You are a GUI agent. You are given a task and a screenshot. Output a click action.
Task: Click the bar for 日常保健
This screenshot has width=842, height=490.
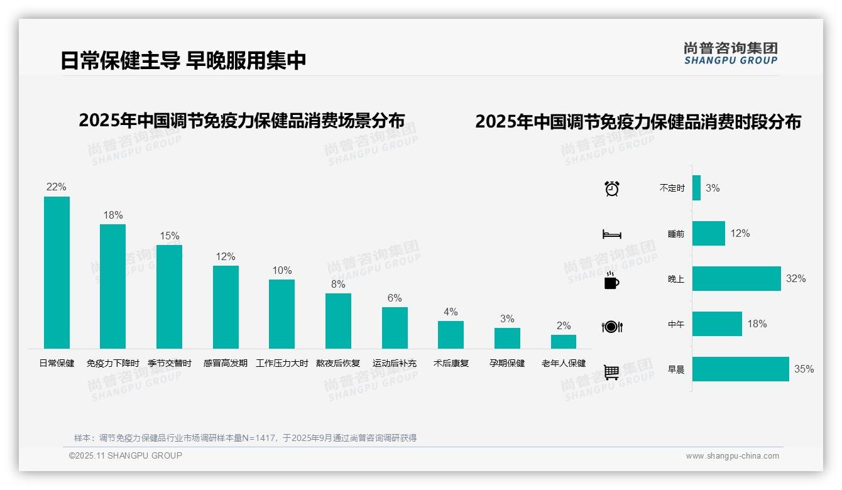click(x=57, y=273)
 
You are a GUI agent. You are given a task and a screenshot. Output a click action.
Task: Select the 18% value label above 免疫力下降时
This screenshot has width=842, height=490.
click(x=113, y=215)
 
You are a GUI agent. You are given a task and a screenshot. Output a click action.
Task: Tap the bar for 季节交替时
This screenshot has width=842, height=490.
click(x=169, y=297)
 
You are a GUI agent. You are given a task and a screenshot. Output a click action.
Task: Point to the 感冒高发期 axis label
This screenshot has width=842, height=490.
click(x=226, y=363)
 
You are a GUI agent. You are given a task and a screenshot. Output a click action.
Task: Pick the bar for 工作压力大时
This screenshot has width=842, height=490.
click(x=282, y=314)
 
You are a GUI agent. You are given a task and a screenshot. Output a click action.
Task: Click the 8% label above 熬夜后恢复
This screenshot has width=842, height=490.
click(x=338, y=284)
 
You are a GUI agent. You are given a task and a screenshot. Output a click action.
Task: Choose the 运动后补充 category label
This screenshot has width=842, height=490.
click(x=395, y=363)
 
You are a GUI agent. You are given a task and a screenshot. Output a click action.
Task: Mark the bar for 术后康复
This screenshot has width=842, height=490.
click(x=451, y=335)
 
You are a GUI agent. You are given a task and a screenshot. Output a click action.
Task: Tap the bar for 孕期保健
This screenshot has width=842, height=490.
click(x=507, y=338)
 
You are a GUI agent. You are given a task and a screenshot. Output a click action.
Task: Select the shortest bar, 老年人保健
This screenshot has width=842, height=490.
click(x=564, y=342)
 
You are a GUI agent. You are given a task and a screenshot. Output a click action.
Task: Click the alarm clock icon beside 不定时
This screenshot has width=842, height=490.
click(x=612, y=188)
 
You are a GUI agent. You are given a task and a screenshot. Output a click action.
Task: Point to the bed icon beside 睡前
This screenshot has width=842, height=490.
click(x=612, y=234)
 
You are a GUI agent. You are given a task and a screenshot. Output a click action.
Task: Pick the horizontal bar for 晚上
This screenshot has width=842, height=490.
click(x=736, y=279)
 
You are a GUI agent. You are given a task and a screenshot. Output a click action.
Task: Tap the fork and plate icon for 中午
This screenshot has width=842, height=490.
click(x=612, y=327)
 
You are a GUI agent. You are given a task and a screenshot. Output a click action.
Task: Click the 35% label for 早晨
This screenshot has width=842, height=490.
click(x=804, y=369)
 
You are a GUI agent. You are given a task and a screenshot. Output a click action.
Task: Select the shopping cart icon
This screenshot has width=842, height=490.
click(x=611, y=373)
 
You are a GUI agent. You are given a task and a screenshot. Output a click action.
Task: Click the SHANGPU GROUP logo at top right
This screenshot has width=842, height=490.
click(x=731, y=53)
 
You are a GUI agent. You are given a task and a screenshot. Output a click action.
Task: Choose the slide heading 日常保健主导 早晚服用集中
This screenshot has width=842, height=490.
click(x=183, y=60)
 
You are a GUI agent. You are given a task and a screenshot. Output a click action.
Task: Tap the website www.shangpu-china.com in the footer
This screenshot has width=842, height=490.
click(x=732, y=456)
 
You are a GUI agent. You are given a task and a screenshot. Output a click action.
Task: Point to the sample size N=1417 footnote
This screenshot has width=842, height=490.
click(x=245, y=438)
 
